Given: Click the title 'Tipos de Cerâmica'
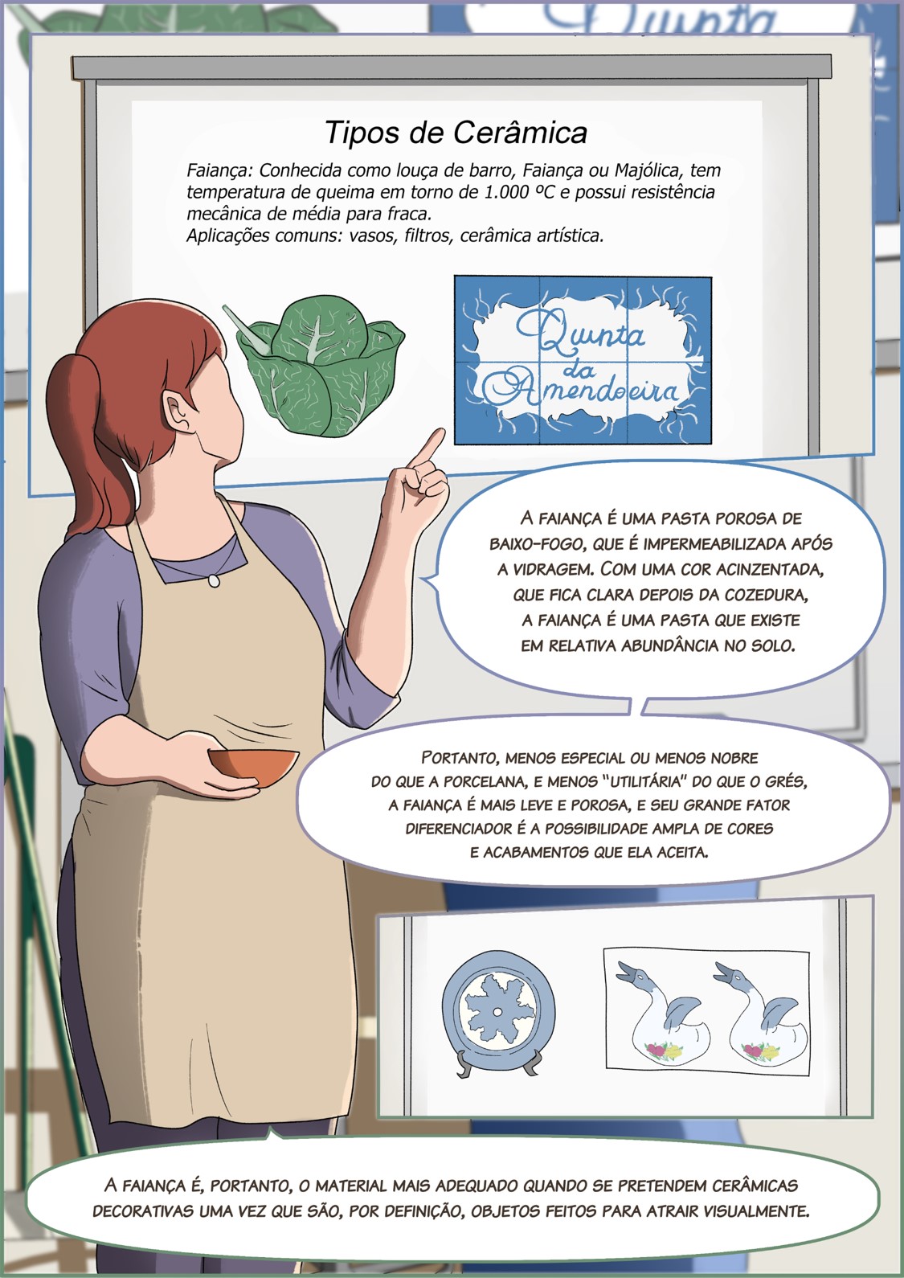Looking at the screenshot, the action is point(456,133).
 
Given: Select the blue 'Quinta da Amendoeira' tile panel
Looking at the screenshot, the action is point(583,361).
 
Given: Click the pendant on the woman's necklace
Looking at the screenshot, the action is point(214,580).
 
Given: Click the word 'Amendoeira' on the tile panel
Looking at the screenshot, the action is point(582,391).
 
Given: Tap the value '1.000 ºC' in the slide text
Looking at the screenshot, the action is point(519,192).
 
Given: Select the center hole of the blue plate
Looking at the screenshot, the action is point(497,1012).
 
